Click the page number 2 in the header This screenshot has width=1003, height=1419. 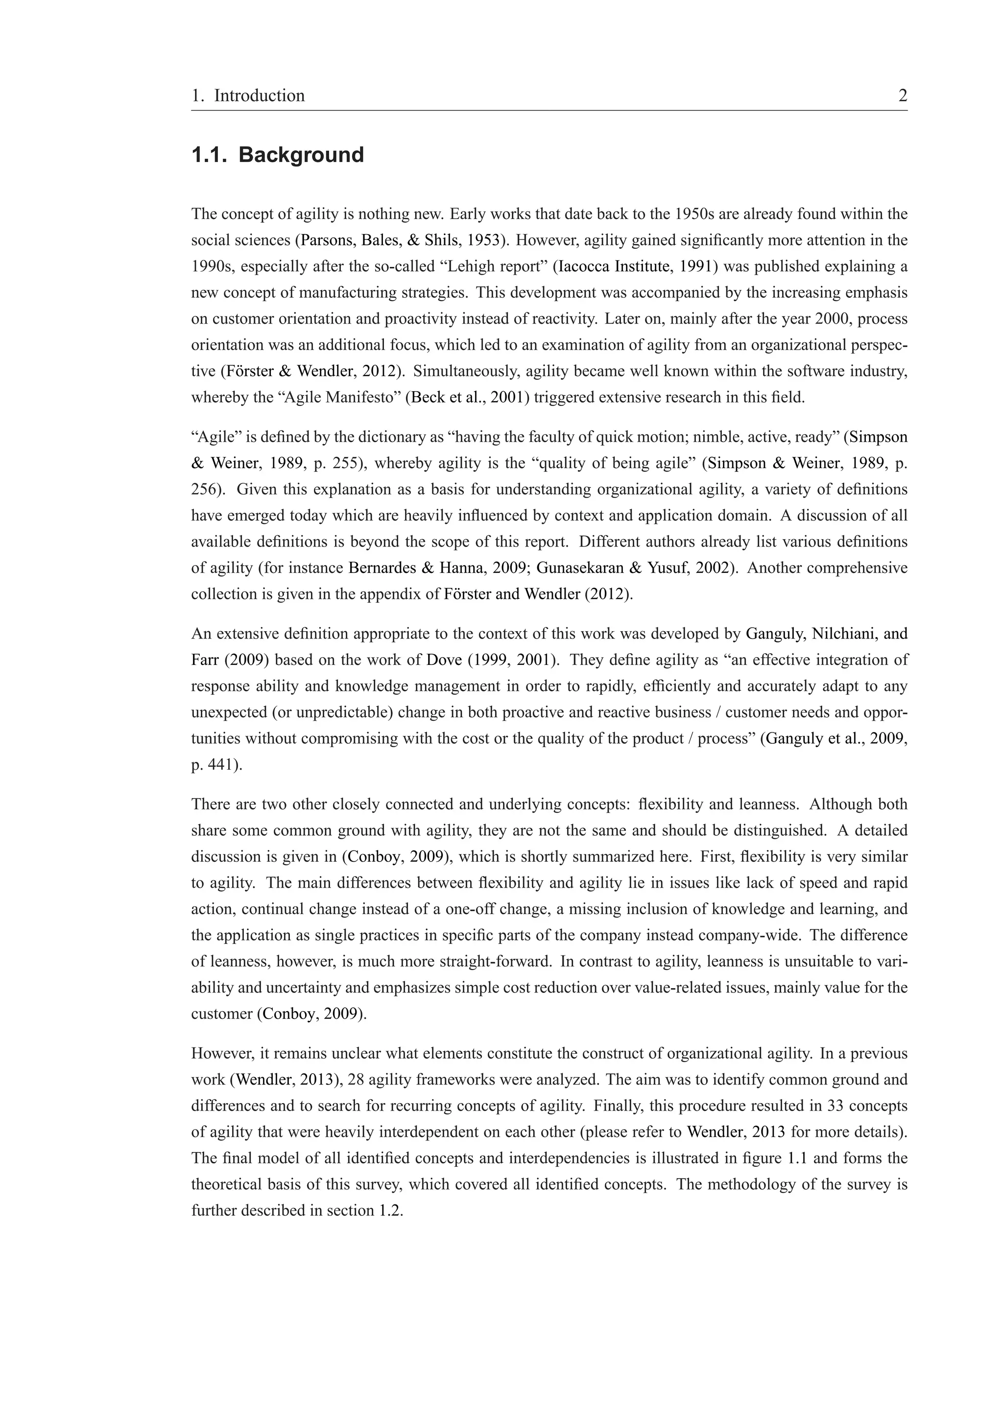[x=902, y=96]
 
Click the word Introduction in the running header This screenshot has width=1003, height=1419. [x=259, y=96]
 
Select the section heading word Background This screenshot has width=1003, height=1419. [x=301, y=155]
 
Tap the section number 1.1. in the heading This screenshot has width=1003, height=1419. [x=210, y=155]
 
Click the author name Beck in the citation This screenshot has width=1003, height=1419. [x=425, y=398]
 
